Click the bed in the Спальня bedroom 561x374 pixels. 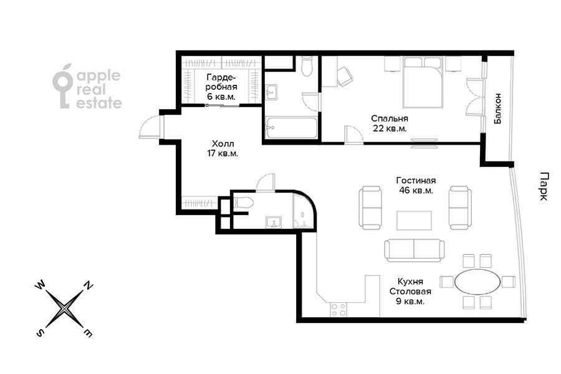click(x=423, y=82)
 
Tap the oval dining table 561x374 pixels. click(x=477, y=282)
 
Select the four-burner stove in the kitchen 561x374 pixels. click(x=338, y=310)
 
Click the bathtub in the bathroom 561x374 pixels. click(x=292, y=128)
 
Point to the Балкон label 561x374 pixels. click(x=497, y=108)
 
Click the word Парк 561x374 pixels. click(x=543, y=186)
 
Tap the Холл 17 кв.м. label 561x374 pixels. click(x=223, y=148)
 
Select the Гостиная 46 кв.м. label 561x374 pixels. click(x=416, y=185)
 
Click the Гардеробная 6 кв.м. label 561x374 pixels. click(x=222, y=87)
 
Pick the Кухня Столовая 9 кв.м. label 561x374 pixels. click(x=410, y=292)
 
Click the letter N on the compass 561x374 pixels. click(x=89, y=285)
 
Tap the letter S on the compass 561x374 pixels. click(x=40, y=333)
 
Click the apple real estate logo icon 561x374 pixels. click(x=63, y=86)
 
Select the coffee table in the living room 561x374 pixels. click(x=414, y=221)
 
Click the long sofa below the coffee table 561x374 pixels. click(x=415, y=251)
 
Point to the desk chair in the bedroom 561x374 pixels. click(x=345, y=77)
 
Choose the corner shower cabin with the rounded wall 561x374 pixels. click(x=304, y=211)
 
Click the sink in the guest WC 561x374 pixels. click(x=274, y=222)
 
